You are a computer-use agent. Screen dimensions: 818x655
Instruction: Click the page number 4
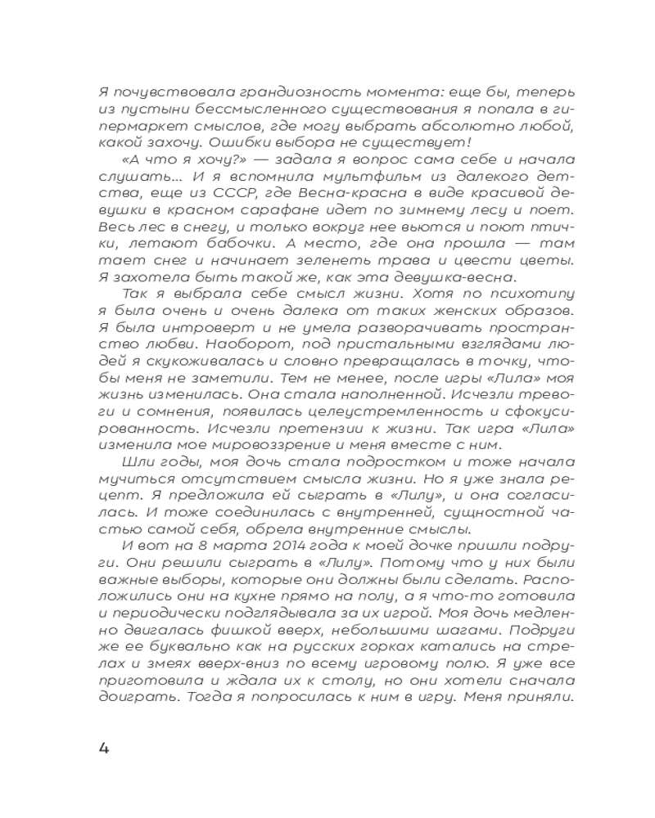pyautogui.click(x=103, y=748)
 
